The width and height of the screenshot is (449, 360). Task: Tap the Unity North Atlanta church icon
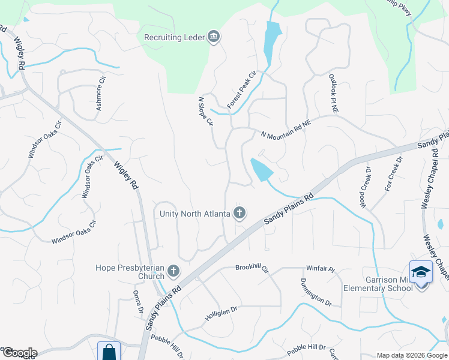click(240, 213)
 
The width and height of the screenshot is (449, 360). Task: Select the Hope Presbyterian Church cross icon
click(173, 271)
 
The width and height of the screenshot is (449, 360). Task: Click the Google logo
click(19, 353)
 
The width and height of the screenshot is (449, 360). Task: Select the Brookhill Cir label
click(252, 267)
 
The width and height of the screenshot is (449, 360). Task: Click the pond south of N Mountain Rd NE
click(261, 170)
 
